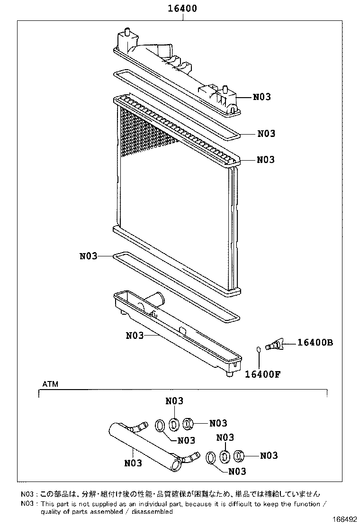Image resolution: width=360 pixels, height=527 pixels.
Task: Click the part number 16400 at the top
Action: (182, 9)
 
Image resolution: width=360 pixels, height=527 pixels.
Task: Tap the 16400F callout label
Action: (263, 373)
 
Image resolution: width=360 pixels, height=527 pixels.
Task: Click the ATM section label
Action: (50, 384)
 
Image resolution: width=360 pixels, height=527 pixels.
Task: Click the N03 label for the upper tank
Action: (261, 97)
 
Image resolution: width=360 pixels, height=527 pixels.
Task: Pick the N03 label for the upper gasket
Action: (266, 134)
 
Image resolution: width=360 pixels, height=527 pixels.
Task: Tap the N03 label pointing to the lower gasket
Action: (88, 256)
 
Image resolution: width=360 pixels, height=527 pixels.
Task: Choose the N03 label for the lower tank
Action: (135, 336)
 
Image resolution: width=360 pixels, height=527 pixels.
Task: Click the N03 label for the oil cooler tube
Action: (133, 463)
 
